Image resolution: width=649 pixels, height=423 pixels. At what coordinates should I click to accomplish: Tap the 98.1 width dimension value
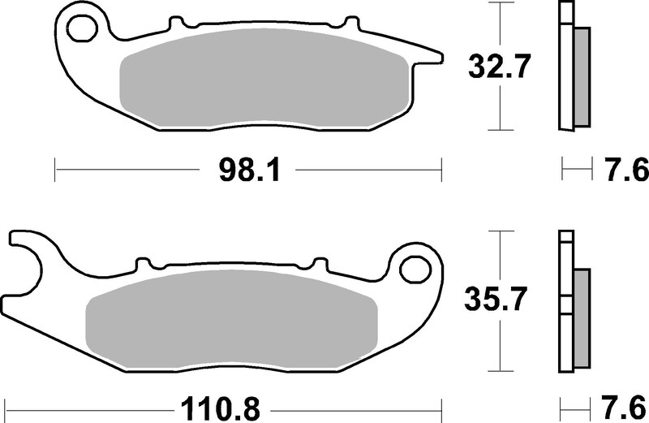(248, 171)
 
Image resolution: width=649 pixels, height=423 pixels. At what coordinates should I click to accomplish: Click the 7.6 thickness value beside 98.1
(625, 171)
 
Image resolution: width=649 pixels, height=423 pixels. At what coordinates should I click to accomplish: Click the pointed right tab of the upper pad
(434, 56)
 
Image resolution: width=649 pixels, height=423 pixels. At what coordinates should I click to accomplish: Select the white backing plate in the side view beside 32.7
(566, 65)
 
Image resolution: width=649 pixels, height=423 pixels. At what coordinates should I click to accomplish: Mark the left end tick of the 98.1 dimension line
(54, 171)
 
